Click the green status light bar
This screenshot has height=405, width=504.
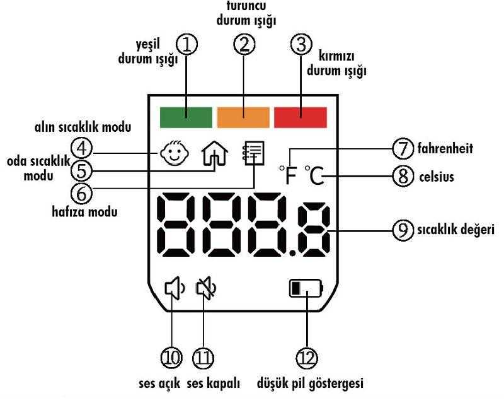(186, 117)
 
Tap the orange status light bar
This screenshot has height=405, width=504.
(243, 117)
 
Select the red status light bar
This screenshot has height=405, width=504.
(300, 117)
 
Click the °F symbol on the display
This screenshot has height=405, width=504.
(288, 175)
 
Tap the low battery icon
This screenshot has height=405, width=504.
(306, 290)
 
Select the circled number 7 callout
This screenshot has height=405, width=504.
(403, 149)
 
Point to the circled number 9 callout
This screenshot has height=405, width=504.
(403, 230)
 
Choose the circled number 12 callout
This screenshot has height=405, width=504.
(307, 358)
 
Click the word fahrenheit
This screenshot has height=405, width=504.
(445, 149)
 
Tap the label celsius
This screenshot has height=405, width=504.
(436, 177)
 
